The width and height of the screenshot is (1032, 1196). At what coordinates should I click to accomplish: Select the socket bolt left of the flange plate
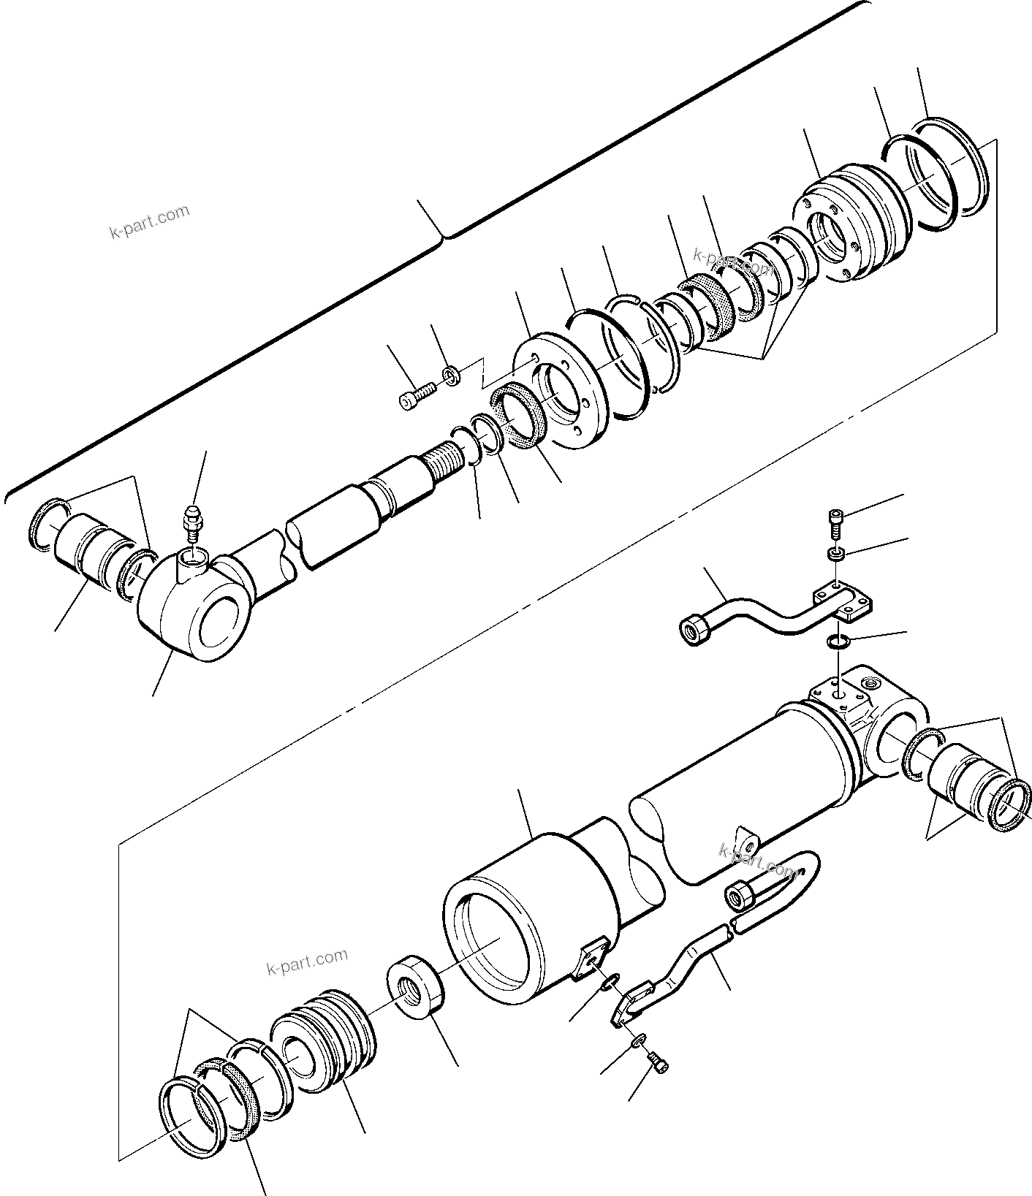click(416, 397)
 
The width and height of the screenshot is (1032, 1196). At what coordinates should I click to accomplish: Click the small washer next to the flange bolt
click(452, 376)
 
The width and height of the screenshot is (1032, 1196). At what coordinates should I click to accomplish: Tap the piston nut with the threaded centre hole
click(414, 990)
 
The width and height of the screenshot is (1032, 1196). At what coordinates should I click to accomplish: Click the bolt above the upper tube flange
click(836, 520)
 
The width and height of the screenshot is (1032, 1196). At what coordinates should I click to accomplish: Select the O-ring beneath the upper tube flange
click(837, 641)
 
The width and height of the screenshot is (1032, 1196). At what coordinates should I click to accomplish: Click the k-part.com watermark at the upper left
click(149, 221)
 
